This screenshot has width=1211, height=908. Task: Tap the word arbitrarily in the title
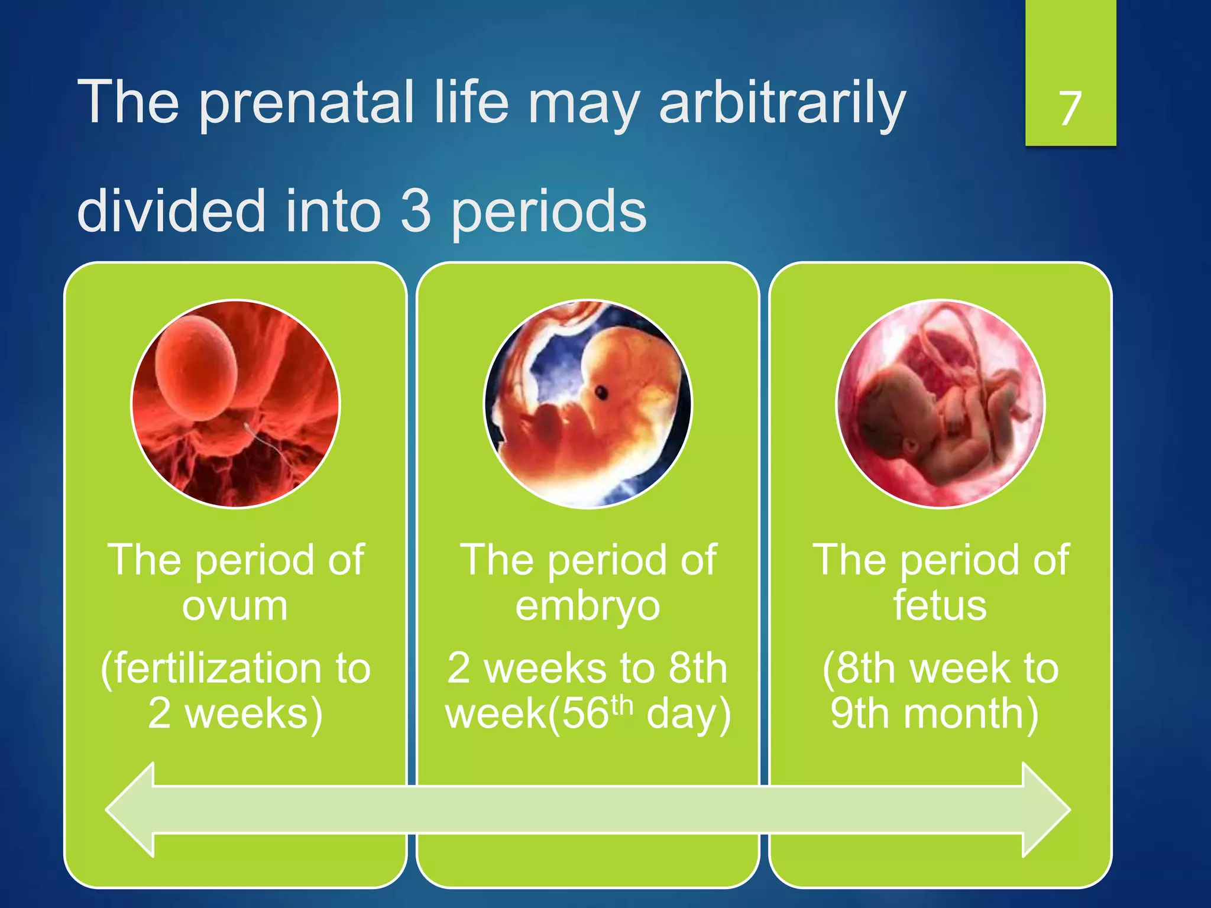(x=782, y=103)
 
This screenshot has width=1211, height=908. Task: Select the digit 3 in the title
(x=416, y=211)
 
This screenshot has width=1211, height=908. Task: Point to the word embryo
(x=587, y=607)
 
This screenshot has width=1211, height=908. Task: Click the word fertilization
(x=216, y=669)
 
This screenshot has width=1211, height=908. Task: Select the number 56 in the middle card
(x=585, y=714)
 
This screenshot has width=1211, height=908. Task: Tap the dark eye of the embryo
(x=601, y=392)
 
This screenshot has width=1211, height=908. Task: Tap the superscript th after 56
(x=621, y=705)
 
